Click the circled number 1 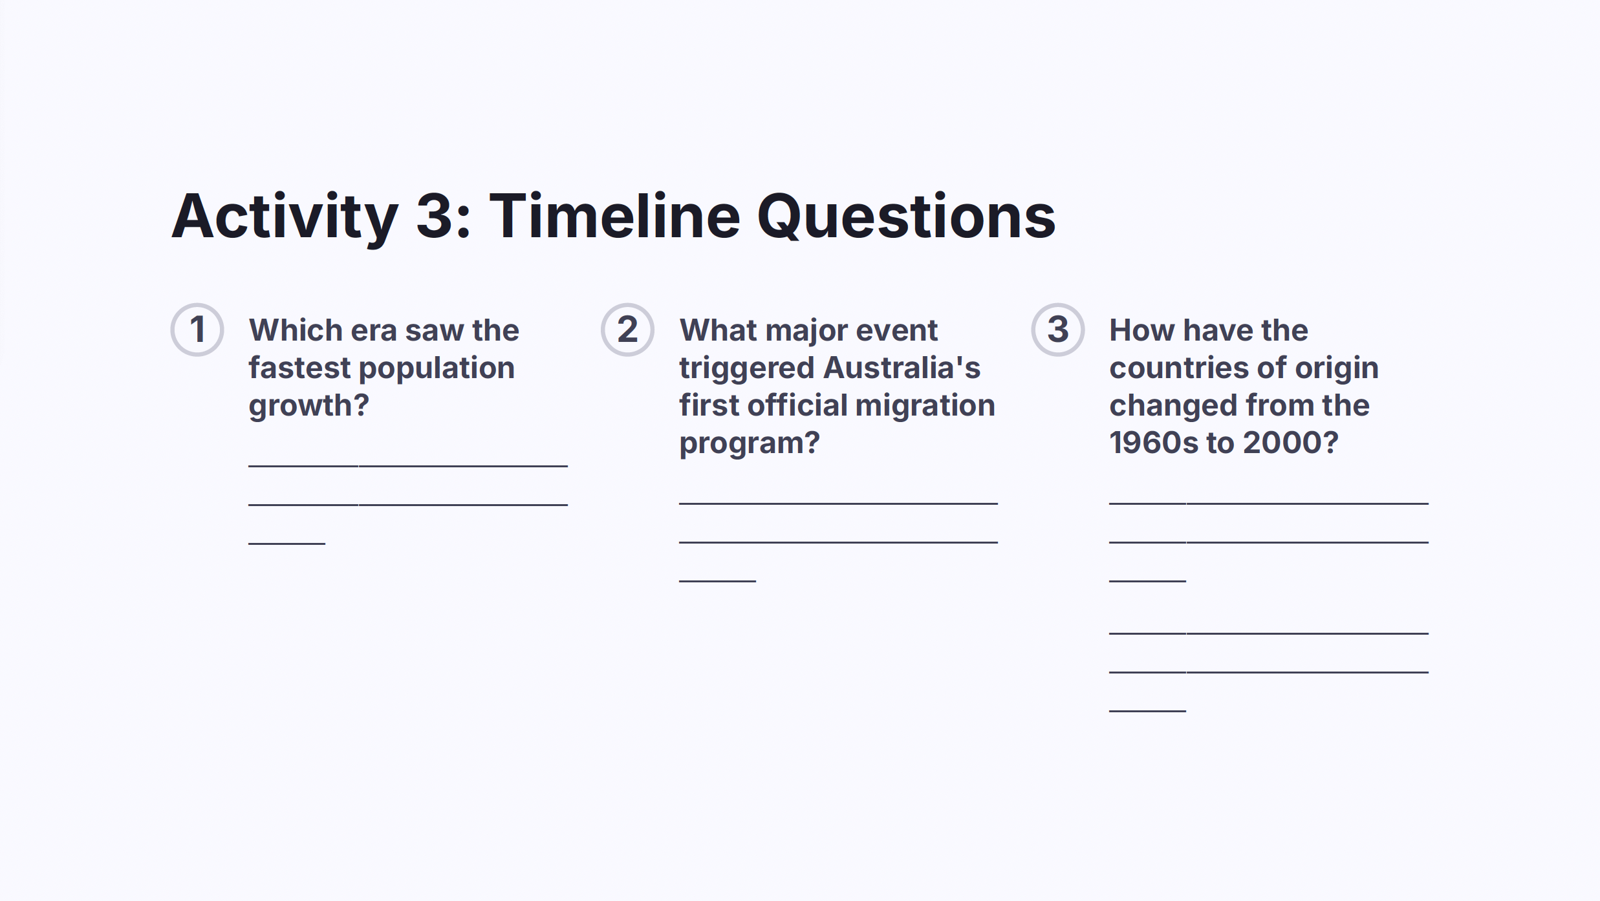coord(197,330)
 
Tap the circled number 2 coord(627,330)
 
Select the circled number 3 coord(1058,330)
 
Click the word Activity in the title coord(285,217)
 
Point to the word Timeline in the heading coord(614,216)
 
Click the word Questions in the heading coord(906,217)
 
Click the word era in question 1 coord(373,331)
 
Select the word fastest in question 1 coord(299,368)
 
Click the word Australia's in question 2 coord(902,368)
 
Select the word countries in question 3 coord(1179,368)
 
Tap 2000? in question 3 coord(1290,443)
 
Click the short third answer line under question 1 coord(287,544)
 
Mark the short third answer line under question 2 coord(717,581)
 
